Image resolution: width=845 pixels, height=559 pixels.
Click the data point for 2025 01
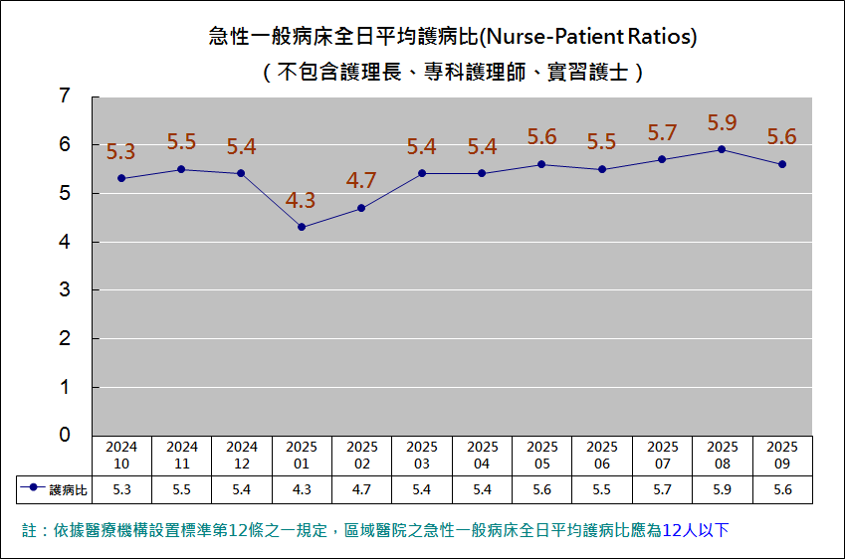(302, 227)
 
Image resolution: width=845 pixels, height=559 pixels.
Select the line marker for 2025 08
(722, 149)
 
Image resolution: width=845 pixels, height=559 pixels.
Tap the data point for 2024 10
(121, 178)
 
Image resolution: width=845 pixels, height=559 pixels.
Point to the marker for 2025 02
(361, 208)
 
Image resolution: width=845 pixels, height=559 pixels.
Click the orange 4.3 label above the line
(301, 201)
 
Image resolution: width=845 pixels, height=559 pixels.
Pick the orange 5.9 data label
(722, 123)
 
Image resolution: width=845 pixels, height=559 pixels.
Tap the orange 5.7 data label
(662, 133)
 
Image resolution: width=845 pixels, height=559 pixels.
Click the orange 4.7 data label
(361, 181)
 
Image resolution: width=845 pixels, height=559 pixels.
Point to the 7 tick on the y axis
(65, 96)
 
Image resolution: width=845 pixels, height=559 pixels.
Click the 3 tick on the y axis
(65, 290)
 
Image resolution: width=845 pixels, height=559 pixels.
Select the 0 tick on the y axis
(65, 435)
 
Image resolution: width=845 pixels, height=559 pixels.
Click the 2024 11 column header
(182, 456)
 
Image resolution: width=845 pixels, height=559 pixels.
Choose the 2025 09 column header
(782, 456)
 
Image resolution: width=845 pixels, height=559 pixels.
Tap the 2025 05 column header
(542, 456)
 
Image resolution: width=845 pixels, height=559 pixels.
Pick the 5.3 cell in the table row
(122, 489)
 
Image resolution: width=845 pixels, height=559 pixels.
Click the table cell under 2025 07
(662, 489)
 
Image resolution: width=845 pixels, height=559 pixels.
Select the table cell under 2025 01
(302, 489)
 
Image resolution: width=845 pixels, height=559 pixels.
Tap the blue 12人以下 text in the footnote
(702, 530)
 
